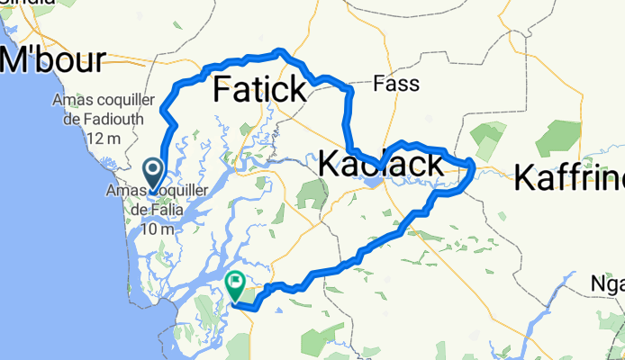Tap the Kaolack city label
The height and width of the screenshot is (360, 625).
(380, 165)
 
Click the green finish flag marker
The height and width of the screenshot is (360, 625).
(235, 287)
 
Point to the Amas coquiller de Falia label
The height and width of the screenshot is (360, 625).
(157, 201)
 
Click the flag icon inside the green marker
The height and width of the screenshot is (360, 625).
(235, 283)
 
